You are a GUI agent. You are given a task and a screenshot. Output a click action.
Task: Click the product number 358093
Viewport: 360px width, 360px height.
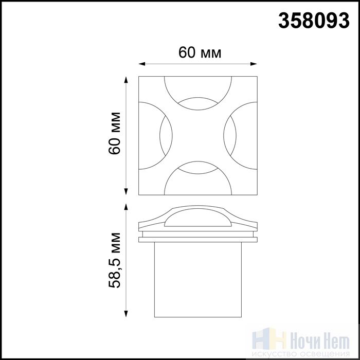(314, 21)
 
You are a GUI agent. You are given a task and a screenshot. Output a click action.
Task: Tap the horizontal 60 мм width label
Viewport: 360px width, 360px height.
(200, 52)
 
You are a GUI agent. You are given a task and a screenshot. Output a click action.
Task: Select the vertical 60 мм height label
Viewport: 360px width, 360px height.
(114, 133)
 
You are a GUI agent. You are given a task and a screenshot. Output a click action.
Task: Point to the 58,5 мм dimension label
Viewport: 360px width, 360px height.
(114, 260)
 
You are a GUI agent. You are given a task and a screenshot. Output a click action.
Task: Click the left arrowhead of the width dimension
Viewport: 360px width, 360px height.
(142, 64)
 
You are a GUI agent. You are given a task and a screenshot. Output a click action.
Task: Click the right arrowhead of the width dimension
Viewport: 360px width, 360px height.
(254, 64)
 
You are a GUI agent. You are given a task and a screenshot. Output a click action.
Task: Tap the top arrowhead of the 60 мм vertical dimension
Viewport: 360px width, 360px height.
(126, 80)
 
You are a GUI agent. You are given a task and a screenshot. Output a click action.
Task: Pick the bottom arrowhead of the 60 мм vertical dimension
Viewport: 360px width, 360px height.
(126, 191)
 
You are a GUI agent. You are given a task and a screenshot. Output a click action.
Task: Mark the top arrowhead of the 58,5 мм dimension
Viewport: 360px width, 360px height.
(126, 207)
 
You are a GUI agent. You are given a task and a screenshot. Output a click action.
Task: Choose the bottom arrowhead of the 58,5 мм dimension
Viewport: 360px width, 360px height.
(126, 314)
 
